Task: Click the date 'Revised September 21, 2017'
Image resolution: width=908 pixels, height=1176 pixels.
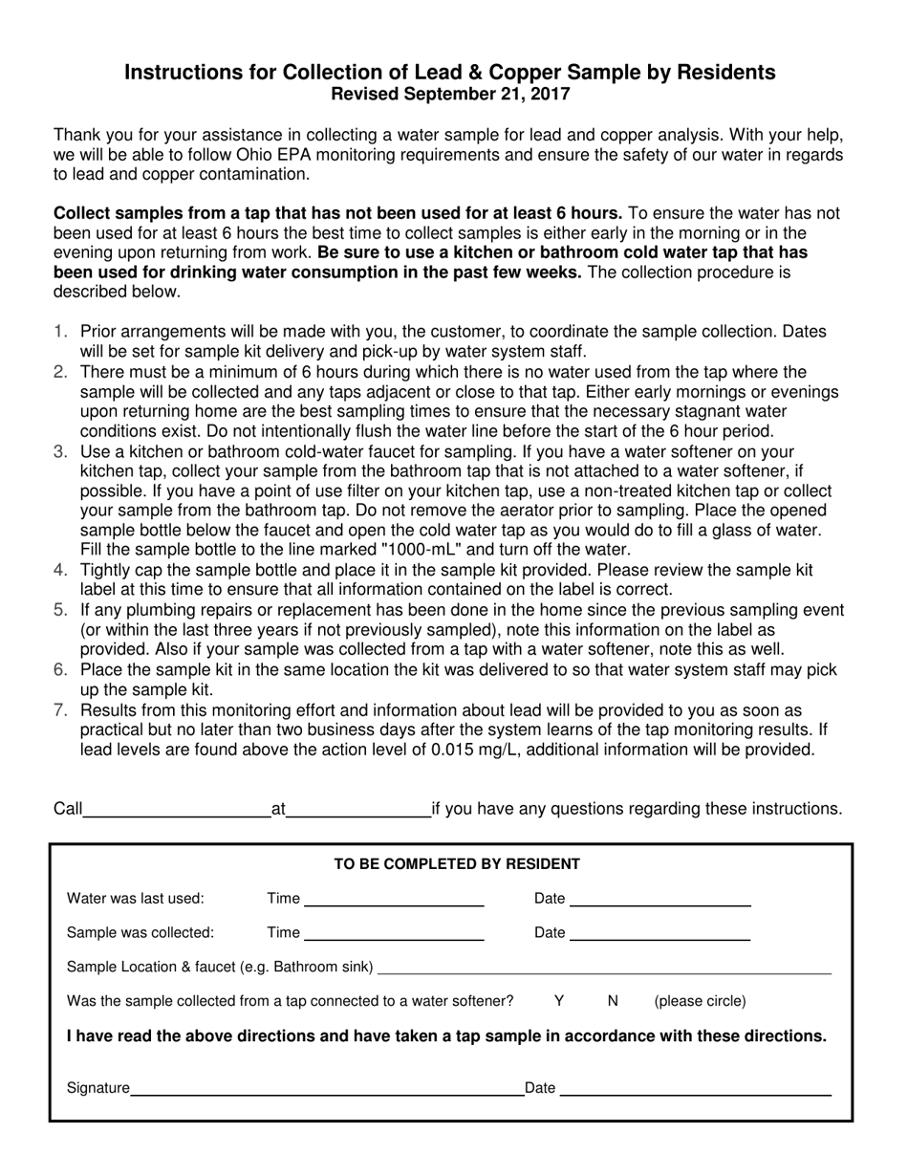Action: coord(450,95)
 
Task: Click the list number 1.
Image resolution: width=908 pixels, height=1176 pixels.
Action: coord(61,331)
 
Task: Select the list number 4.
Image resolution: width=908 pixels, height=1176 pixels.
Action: coord(61,570)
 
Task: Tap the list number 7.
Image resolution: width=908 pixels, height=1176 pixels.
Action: coord(61,709)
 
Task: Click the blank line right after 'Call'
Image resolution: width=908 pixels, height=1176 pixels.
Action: coord(177,811)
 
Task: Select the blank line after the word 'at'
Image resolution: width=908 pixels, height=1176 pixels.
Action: coord(358,811)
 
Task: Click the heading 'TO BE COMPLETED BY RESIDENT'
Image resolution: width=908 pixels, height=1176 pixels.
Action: coord(457,864)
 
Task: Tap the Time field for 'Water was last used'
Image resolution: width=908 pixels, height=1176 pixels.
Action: coord(393,899)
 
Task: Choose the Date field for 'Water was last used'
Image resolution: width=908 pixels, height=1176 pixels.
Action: coord(659,899)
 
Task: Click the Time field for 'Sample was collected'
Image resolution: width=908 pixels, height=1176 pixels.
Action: coord(393,933)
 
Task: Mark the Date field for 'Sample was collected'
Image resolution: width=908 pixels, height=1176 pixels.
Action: coord(659,933)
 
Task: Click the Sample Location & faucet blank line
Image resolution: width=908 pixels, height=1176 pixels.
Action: coord(604,969)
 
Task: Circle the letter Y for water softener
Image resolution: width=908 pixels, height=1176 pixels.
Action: coord(559,1001)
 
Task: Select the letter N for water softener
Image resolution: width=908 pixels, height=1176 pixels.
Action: coord(613,1001)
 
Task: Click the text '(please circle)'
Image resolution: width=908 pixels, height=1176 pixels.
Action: coord(700,1002)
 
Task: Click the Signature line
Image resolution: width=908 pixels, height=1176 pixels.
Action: coord(325,1088)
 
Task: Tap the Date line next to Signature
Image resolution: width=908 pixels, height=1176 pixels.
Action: coord(695,1088)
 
